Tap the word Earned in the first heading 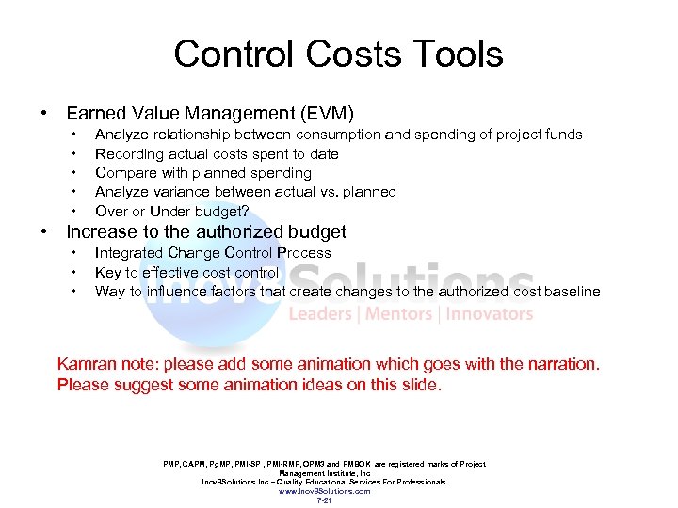[96, 114]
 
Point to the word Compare [124, 173]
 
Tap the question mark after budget [245, 211]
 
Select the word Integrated [129, 252]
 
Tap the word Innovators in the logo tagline [489, 314]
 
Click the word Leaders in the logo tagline [320, 314]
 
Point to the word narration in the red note [559, 364]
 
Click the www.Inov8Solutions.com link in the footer [324, 491]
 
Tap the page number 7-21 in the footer [324, 500]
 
